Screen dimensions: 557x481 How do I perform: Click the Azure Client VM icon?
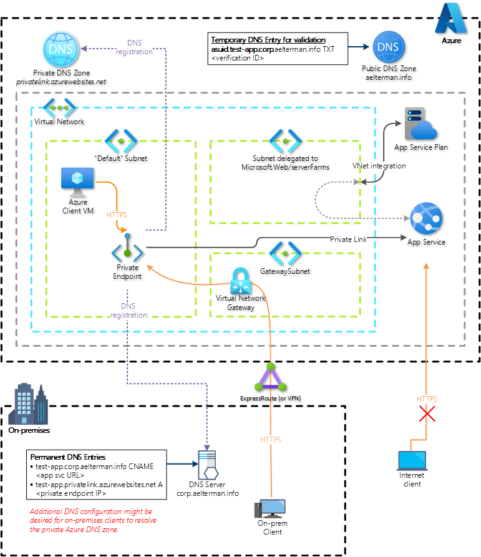pyautogui.click(x=77, y=182)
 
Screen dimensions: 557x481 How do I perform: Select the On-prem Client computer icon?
pyautogui.click(x=270, y=511)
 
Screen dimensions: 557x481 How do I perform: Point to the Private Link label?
pyautogui.click(x=348, y=239)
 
